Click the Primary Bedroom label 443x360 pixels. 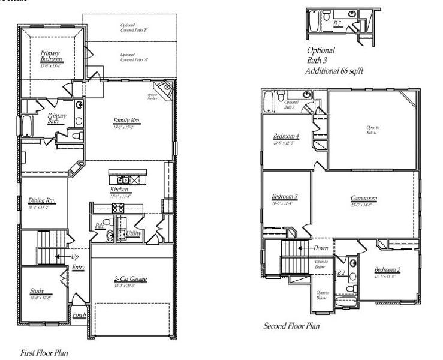50,57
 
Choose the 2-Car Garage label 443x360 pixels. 131,279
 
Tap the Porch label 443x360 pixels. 79,314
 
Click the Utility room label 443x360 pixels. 133,233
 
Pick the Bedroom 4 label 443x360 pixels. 286,136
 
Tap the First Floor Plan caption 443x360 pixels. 44,353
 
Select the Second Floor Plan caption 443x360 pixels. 293,327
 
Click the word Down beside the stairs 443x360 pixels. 321,248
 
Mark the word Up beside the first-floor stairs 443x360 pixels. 74,256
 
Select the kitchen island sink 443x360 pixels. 122,179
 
